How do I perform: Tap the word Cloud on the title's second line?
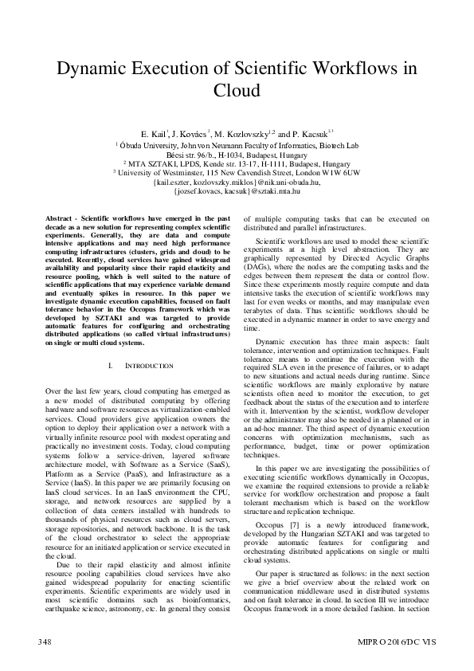pyautogui.click(x=237, y=90)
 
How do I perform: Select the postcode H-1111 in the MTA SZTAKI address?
pyautogui.click(x=272, y=163)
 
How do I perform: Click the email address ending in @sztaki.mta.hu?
pyautogui.click(x=237, y=191)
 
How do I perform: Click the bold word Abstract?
pyautogui.click(x=59, y=218)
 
